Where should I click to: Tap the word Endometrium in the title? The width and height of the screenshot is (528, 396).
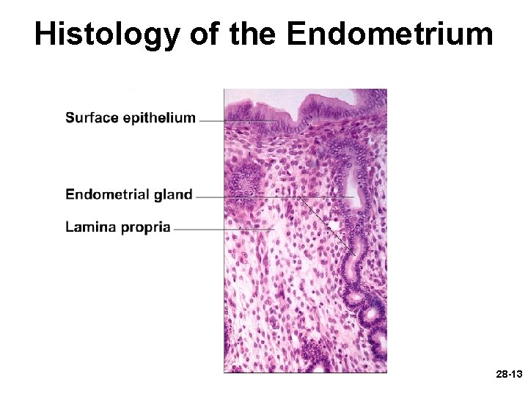coord(389,34)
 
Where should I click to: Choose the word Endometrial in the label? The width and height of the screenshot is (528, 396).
coord(106,194)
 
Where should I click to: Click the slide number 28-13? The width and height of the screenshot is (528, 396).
coord(508,375)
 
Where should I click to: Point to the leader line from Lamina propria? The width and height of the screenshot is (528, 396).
coord(213,230)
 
